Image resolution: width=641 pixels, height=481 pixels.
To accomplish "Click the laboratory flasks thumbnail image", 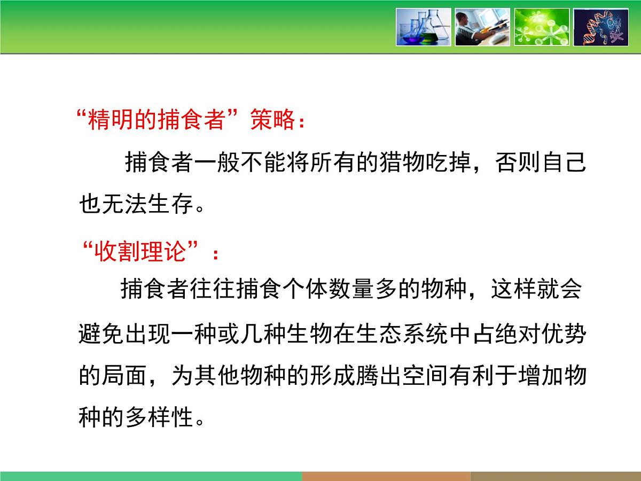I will point(423,27).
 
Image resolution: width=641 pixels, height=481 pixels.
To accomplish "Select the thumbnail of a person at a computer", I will point(482,27).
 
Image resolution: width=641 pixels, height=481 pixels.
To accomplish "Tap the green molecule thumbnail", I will point(542,27).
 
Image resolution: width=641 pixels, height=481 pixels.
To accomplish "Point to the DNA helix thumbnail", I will point(601,27).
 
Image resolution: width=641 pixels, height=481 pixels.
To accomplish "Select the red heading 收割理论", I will point(140,252).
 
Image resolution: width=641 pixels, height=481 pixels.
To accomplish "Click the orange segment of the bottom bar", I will point(386,476).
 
